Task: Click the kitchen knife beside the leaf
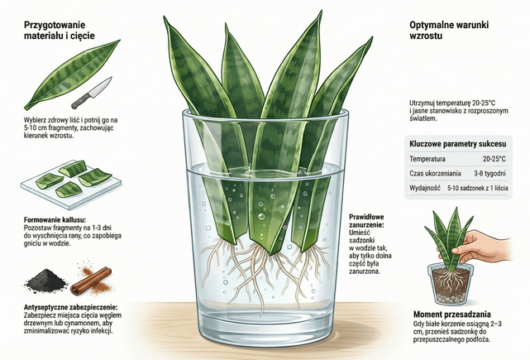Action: [92, 93]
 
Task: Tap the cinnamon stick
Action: [91, 281]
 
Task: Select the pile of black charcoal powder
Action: [46, 280]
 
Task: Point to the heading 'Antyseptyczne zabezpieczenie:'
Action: [70, 308]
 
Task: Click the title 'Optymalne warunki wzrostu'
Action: [449, 30]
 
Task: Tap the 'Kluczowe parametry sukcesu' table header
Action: [458, 144]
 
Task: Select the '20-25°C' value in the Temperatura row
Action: [494, 159]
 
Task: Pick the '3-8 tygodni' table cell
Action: [489, 174]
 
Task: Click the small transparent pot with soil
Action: [451, 284]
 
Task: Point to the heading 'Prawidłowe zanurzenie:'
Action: [366, 221]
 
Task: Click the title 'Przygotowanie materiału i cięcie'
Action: [60, 30]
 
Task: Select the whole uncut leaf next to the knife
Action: [72, 75]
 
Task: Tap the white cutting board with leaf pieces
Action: [71, 184]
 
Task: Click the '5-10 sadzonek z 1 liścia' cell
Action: [478, 188]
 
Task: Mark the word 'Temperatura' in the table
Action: [427, 159]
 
